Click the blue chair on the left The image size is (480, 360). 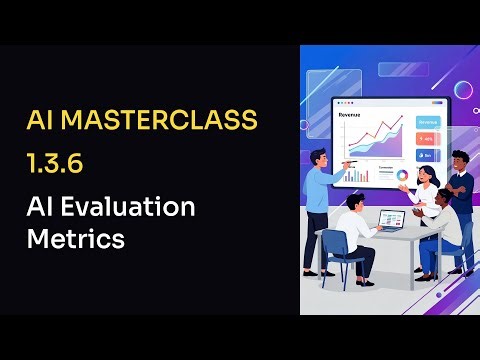pyautogui.click(x=338, y=260)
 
